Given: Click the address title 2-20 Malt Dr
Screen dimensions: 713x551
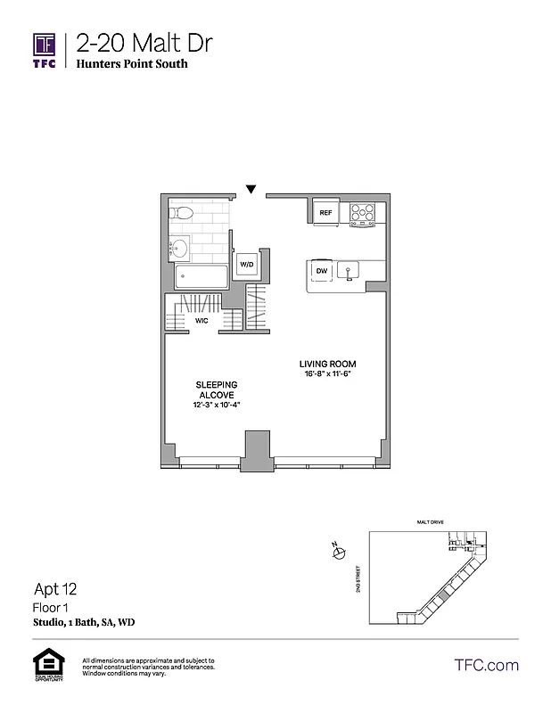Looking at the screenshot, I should click(144, 43).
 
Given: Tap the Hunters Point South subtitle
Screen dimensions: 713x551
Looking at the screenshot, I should click(132, 64).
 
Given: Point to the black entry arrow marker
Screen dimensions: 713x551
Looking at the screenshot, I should click(251, 189).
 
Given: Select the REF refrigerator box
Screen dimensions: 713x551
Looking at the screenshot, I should click(325, 213).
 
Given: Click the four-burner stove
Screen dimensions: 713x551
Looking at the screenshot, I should click(363, 213).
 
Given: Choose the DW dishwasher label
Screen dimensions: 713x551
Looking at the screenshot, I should click(322, 270).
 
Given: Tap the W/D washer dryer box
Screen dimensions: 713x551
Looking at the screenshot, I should click(246, 265).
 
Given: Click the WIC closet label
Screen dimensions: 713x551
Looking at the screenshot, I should click(201, 321).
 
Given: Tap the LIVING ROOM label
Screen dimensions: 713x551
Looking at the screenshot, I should click(328, 365).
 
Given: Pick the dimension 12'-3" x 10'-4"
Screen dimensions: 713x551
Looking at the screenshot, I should click(218, 406).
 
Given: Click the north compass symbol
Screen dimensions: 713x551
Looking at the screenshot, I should click(338, 553).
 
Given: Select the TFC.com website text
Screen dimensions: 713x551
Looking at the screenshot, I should click(487, 665).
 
